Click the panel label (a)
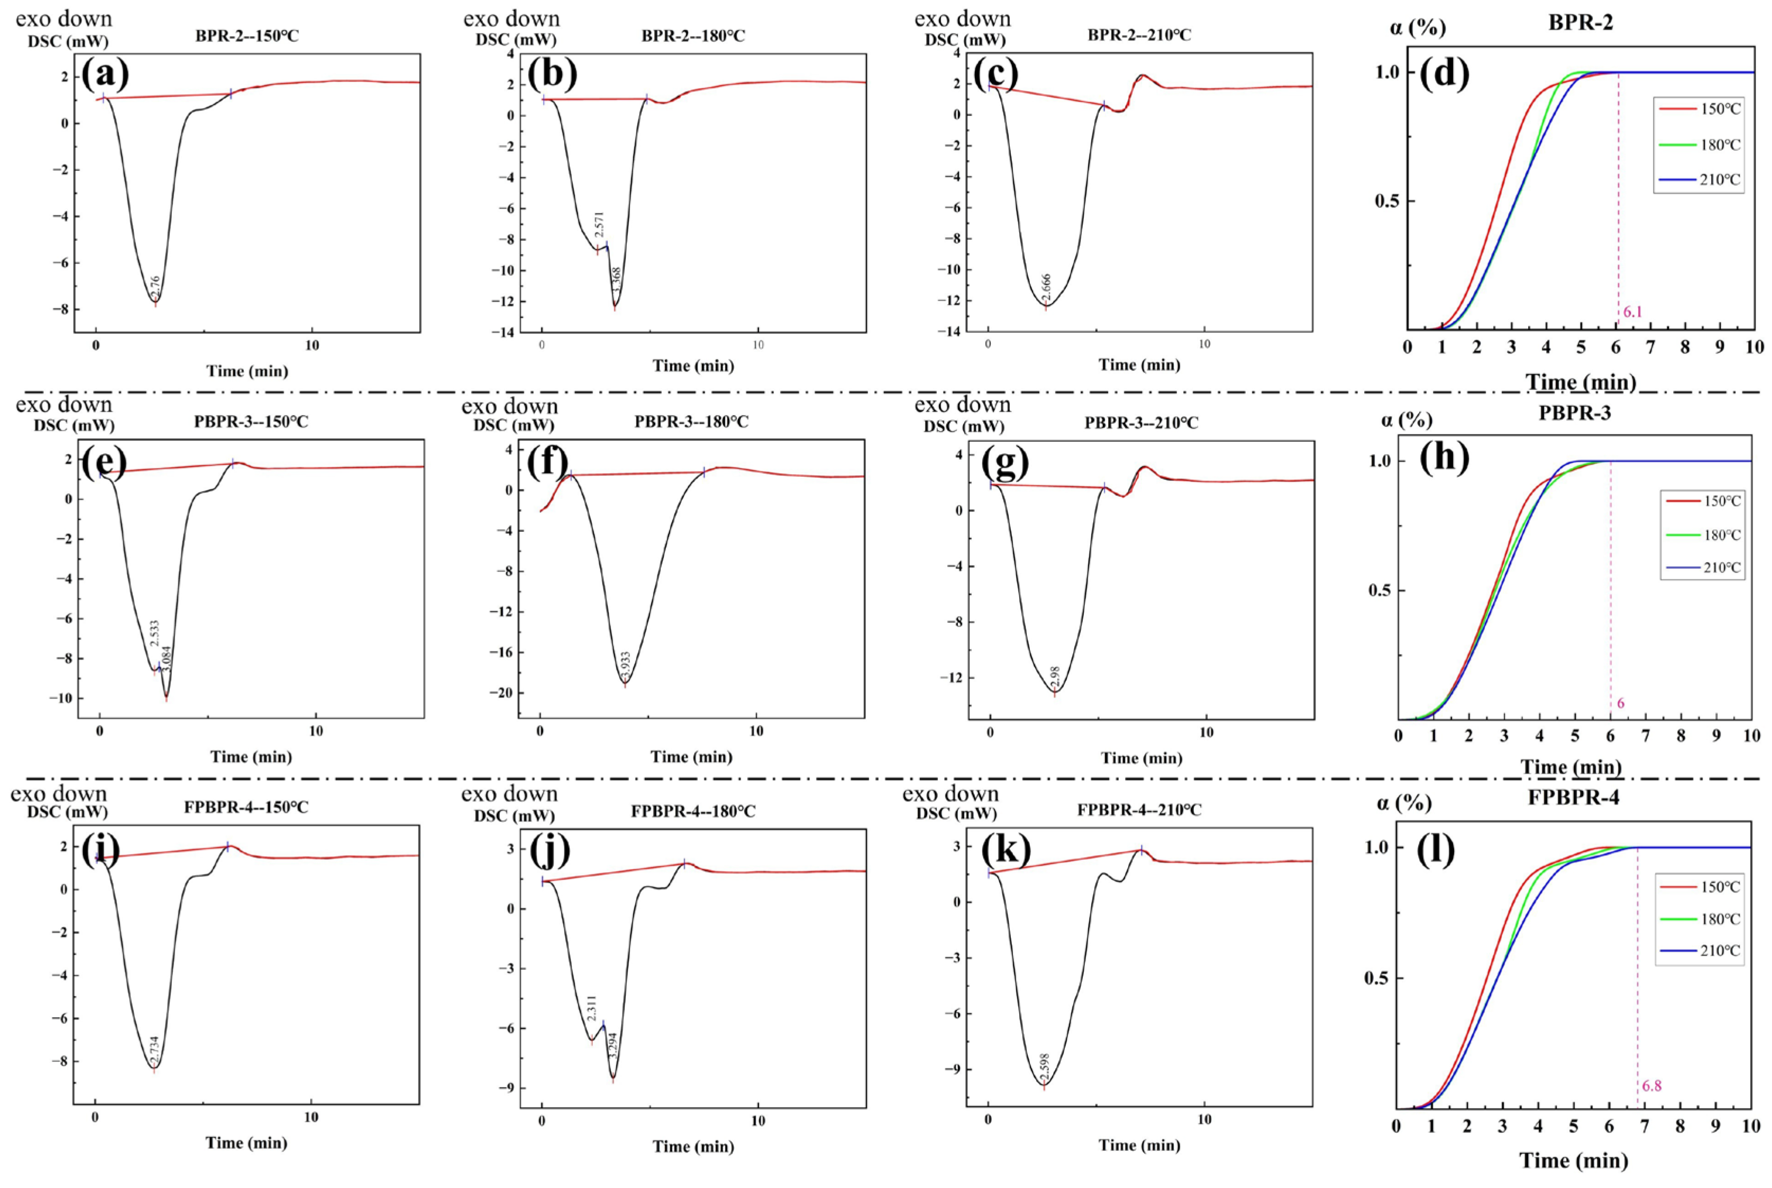[105, 74]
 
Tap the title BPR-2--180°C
[693, 35]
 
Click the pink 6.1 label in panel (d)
[1632, 311]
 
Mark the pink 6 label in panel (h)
[1621, 703]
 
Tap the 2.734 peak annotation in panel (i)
[154, 1050]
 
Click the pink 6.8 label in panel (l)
[1651, 1086]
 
